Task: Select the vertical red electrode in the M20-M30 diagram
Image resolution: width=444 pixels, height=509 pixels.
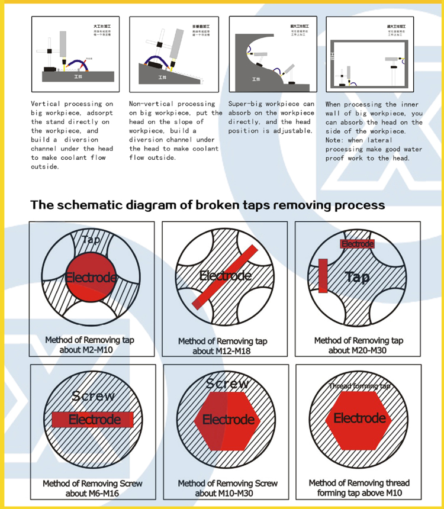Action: click(323, 275)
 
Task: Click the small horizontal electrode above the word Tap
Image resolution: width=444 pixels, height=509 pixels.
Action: click(358, 244)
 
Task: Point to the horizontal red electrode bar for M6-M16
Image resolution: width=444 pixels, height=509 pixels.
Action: click(93, 420)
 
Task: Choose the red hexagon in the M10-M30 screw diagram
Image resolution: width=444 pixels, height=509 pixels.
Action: click(228, 419)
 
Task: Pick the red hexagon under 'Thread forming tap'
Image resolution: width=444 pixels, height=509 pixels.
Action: click(359, 418)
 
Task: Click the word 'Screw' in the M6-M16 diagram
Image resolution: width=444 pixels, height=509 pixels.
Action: click(93, 396)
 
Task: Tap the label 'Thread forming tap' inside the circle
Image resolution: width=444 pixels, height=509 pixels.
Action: click(359, 386)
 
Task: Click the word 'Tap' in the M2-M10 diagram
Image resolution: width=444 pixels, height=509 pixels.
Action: click(91, 240)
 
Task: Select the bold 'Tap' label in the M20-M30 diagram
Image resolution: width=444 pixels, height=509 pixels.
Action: click(357, 277)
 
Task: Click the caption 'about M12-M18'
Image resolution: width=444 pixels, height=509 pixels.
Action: click(222, 351)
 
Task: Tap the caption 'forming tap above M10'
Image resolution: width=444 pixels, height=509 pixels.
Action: click(359, 493)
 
